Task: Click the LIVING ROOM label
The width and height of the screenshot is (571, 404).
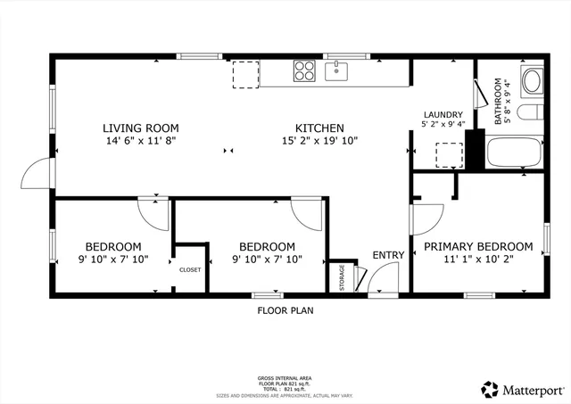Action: click(x=140, y=128)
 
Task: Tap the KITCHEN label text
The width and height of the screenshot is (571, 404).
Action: click(x=319, y=128)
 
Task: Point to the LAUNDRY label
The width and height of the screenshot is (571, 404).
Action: click(x=443, y=115)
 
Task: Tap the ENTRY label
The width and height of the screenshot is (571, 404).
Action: click(x=388, y=255)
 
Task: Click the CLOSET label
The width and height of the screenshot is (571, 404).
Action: click(x=190, y=269)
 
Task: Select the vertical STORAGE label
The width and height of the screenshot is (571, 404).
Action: click(x=341, y=276)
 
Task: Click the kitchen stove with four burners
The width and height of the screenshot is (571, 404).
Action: click(x=304, y=70)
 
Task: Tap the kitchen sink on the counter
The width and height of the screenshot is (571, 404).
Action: click(x=337, y=72)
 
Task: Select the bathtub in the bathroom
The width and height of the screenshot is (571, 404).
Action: click(x=514, y=152)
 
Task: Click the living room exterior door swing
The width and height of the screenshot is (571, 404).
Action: click(x=35, y=172)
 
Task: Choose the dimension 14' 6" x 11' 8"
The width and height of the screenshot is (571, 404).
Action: click(x=140, y=141)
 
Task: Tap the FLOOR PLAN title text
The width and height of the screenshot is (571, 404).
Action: click(x=285, y=311)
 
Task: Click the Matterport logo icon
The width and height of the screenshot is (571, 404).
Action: click(x=490, y=389)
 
